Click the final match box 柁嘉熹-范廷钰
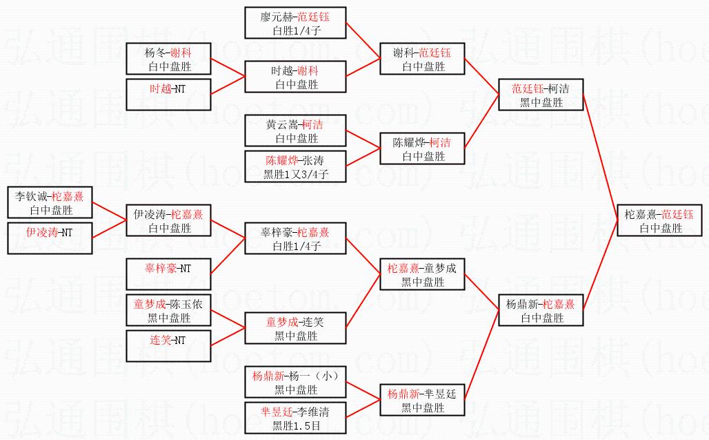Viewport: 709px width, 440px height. [x=659, y=220]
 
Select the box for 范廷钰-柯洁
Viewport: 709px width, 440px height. [x=541, y=95]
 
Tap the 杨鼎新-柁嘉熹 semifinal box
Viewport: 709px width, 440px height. [x=541, y=311]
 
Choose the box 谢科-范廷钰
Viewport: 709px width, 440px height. [x=423, y=59]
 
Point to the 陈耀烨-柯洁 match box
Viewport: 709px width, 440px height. [x=423, y=149]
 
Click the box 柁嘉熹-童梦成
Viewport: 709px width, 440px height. [x=423, y=275]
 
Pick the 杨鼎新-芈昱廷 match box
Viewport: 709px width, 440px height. [x=423, y=401]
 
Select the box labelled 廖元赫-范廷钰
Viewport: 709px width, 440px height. [x=296, y=23]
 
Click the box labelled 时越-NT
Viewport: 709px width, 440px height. [x=168, y=95]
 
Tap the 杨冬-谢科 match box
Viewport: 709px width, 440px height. [x=168, y=59]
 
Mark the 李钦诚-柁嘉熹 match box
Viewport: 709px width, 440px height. [x=50, y=203]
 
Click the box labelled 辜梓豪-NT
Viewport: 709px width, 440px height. [x=168, y=275]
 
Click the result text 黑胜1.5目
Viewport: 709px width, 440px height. [x=296, y=425]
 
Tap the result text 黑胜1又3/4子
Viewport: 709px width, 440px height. [x=296, y=175]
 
